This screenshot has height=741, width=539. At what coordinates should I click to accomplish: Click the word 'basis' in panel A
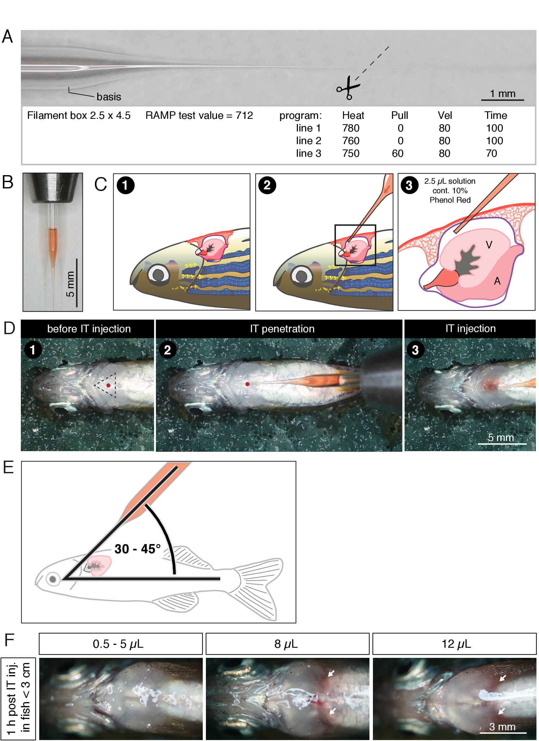[109, 97]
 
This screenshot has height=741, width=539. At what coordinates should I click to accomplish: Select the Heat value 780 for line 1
[351, 128]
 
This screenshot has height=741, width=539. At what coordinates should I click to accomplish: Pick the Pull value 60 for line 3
[398, 154]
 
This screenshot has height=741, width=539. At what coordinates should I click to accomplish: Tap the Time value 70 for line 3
[491, 154]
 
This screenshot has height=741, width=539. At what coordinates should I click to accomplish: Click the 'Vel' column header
[444, 115]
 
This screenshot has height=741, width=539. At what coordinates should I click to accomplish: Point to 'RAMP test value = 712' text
[199, 115]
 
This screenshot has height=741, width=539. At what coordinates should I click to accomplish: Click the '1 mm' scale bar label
[502, 94]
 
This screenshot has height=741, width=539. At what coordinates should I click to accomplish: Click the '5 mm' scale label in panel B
[70, 284]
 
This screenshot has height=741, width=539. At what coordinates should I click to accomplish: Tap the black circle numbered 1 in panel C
[126, 185]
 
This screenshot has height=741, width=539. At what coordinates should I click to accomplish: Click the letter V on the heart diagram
[489, 245]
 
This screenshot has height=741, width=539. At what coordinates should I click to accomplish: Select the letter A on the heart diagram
[497, 281]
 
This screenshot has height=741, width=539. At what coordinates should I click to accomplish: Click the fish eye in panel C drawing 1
[158, 274]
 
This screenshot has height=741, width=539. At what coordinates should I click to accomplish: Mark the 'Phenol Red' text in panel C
[450, 200]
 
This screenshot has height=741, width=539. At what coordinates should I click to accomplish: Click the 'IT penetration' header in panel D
[282, 329]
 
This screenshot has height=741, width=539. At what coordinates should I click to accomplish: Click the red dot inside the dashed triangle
[108, 386]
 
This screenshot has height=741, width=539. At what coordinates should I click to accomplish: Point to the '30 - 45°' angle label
[138, 549]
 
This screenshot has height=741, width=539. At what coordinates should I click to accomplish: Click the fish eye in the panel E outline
[53, 579]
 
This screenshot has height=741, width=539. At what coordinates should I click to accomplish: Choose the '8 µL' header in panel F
[286, 644]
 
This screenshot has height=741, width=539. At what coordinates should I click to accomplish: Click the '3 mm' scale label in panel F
[502, 727]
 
